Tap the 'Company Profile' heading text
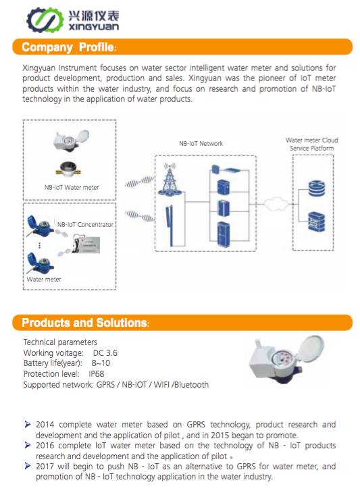click(68, 47)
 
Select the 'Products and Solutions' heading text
click(84, 323)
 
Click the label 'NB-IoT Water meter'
click(72, 187)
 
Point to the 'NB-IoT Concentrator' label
click(85, 224)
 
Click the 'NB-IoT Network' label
click(201, 144)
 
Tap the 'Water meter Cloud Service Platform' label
click(311, 145)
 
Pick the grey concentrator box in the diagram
click(91, 244)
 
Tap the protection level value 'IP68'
click(99, 374)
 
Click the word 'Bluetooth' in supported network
click(190, 385)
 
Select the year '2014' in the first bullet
click(45, 425)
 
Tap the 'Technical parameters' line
click(60, 342)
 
